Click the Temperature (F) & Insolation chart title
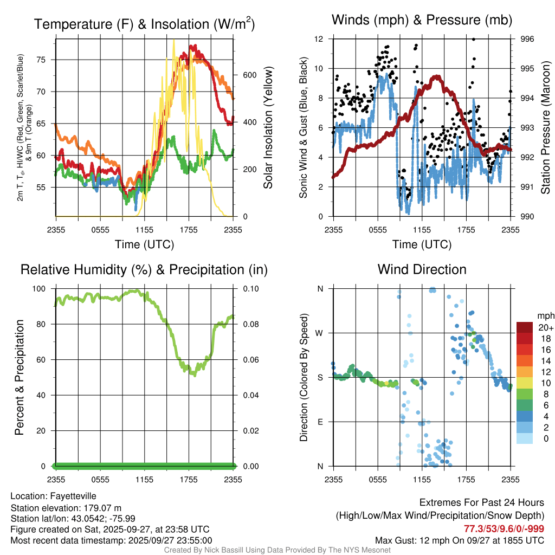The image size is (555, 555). pos(144,24)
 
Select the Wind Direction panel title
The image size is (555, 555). pos(422,269)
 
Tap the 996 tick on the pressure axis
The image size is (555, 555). pos(527,39)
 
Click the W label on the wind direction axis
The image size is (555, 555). pos(320,333)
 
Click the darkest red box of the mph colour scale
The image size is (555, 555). pos(524,327)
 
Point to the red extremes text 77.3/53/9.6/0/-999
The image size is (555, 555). pos(504,528)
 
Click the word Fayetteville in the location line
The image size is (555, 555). pos(73,496)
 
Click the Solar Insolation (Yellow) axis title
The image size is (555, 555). pos(268,127)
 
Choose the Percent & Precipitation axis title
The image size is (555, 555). pos(20,377)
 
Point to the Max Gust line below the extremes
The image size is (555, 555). pos(460,540)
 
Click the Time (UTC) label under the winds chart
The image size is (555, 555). pos(422,244)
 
